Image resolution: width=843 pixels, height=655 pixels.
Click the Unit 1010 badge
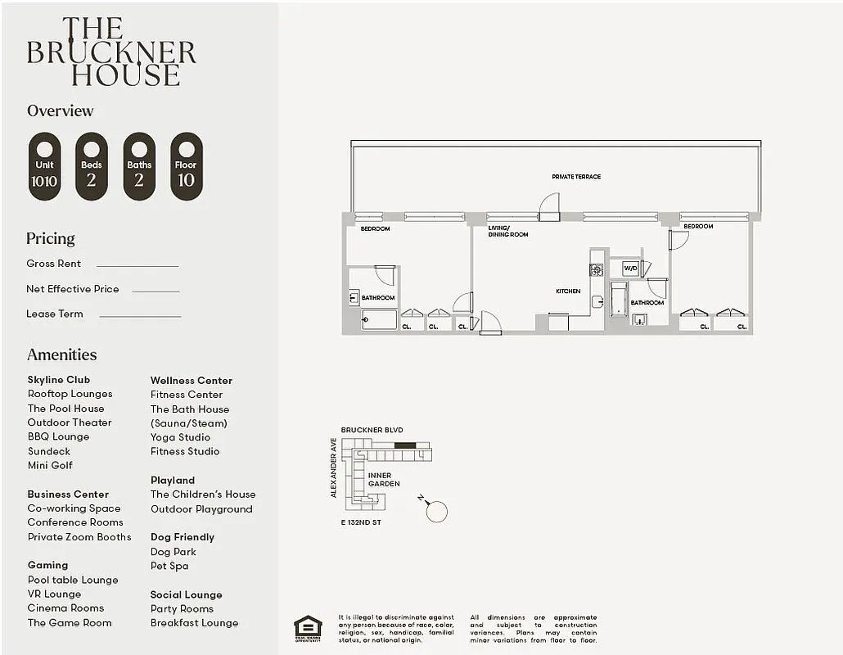click(x=44, y=166)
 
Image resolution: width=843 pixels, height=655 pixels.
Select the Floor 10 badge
click(x=187, y=166)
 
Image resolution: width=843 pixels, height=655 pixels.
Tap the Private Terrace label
click(x=576, y=177)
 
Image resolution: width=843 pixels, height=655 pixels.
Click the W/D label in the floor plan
click(x=630, y=268)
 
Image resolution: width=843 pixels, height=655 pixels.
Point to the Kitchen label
click(x=568, y=291)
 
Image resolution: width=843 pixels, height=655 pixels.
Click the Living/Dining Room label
click(x=507, y=231)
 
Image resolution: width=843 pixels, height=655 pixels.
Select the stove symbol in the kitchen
click(x=597, y=269)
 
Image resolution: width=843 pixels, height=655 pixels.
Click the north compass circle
click(x=437, y=512)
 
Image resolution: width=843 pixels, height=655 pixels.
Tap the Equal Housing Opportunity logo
click(x=308, y=627)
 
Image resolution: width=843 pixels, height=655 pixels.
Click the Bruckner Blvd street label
click(x=372, y=430)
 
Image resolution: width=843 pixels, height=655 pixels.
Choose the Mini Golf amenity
click(x=50, y=465)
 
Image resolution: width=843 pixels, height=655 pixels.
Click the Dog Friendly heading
click(x=183, y=537)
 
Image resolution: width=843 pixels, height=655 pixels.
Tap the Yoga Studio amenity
click(x=180, y=437)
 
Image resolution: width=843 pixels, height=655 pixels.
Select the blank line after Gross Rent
click(x=137, y=265)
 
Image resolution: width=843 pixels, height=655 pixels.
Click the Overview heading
click(x=61, y=111)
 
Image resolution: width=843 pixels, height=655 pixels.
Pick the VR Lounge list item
click(x=54, y=594)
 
